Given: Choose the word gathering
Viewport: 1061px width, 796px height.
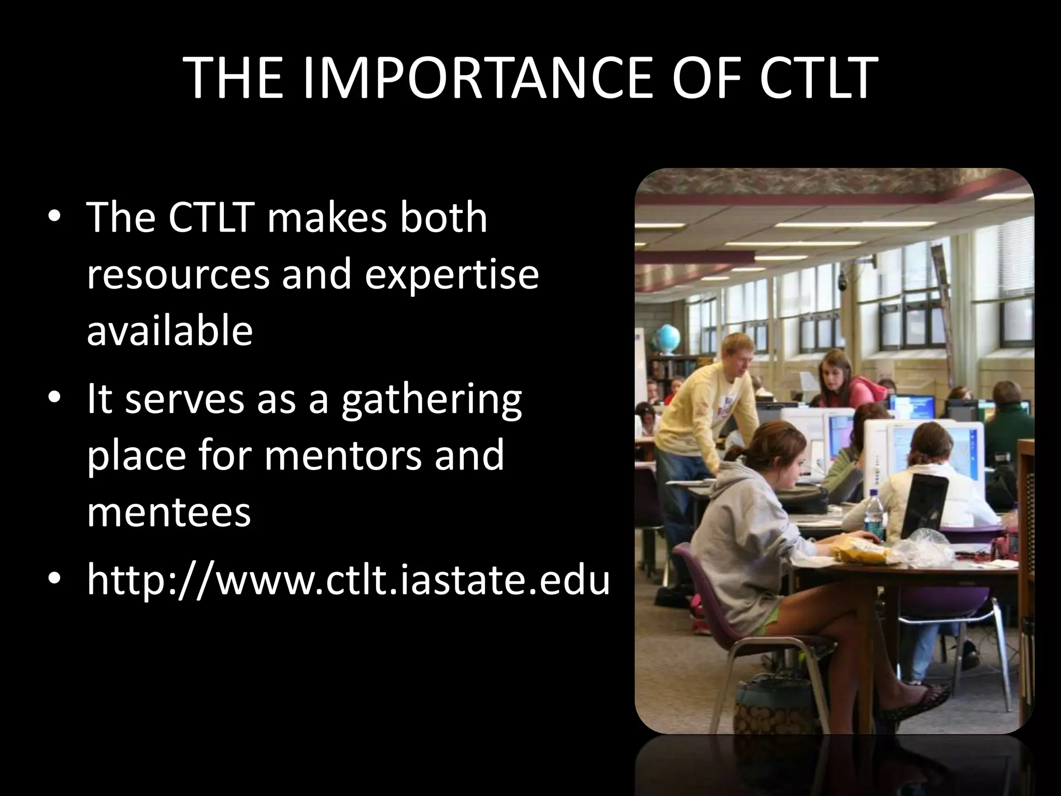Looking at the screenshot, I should coord(431,400).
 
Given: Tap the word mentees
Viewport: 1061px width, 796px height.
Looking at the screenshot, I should coord(168,511).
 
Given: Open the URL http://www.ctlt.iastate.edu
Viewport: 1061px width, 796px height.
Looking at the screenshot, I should coord(348,580).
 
